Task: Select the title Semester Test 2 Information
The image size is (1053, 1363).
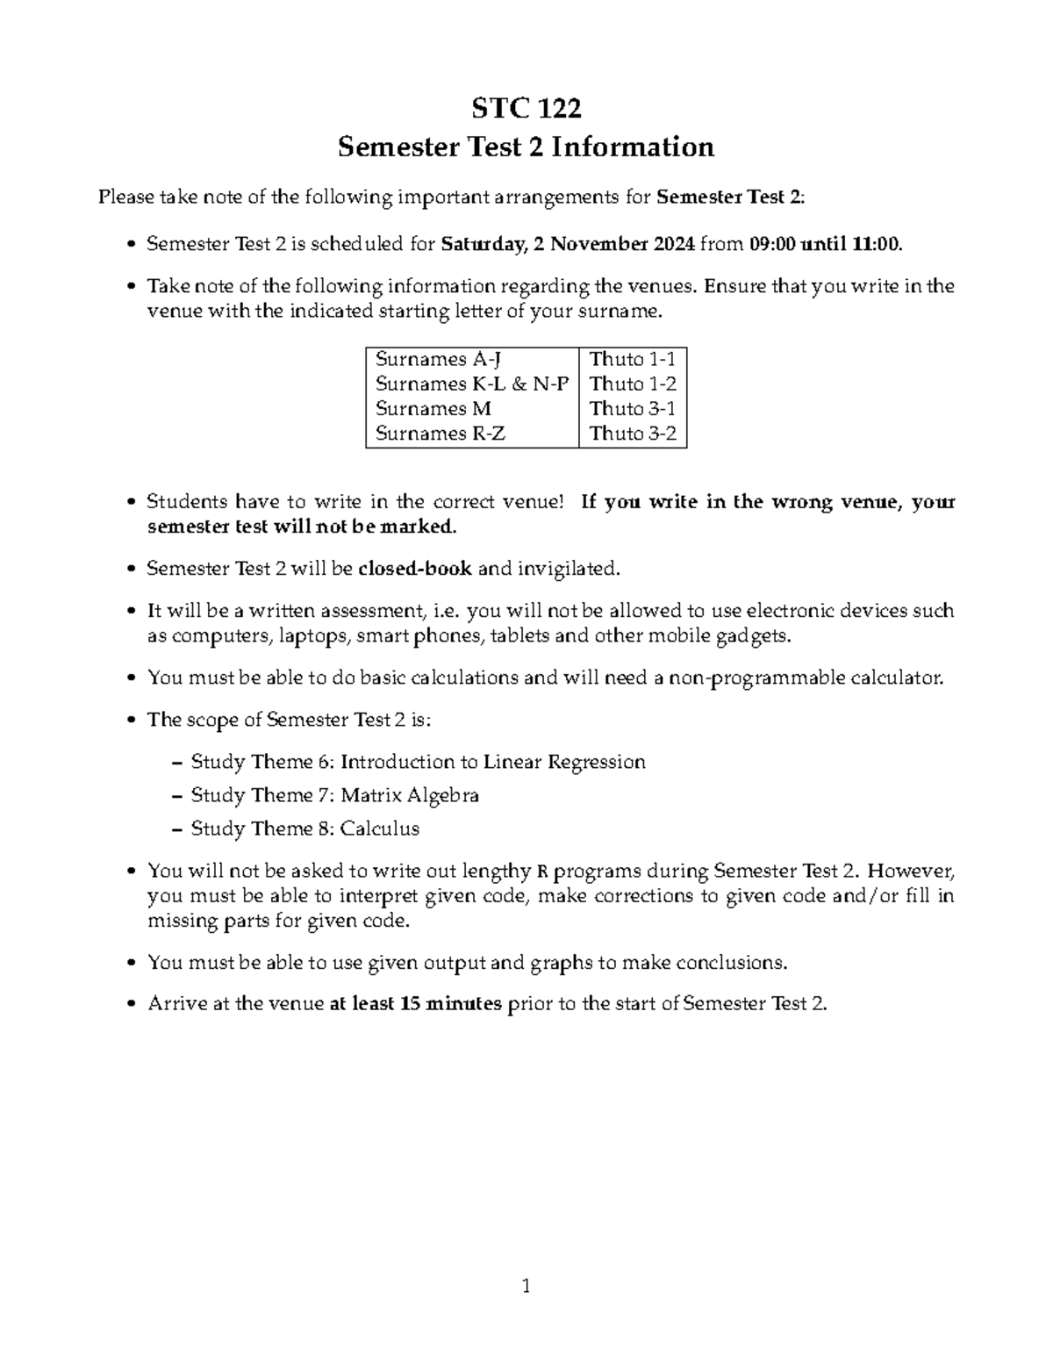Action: tap(526, 147)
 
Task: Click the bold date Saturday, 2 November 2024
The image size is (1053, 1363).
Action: tap(568, 244)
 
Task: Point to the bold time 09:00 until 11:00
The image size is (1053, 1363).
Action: tap(825, 244)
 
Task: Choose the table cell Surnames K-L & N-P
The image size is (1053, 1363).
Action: tap(471, 384)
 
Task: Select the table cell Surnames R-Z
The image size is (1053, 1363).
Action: tap(440, 433)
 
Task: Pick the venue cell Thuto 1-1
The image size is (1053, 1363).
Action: tap(632, 359)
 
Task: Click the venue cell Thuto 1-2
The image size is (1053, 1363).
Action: tap(632, 384)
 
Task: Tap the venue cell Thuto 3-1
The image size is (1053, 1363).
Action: tap(632, 408)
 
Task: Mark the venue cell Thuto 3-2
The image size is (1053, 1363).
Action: tap(632, 433)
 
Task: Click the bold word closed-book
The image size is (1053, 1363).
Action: tap(415, 569)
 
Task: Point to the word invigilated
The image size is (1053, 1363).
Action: tap(568, 569)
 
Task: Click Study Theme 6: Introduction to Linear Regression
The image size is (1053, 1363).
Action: tap(418, 762)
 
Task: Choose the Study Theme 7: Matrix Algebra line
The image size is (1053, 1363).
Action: tap(334, 795)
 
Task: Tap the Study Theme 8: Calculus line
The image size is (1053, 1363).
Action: tap(304, 829)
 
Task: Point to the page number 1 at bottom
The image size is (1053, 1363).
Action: tap(526, 1288)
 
